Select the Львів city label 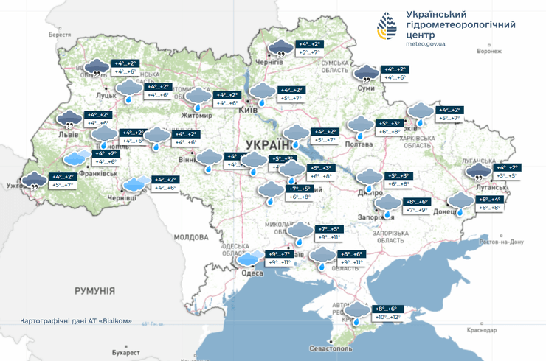tap(61, 134)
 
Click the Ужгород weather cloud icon tap(34, 179)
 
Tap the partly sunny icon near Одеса tap(249, 257)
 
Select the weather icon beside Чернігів tap(280, 49)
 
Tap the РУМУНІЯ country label tap(94, 292)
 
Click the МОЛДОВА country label tap(192, 237)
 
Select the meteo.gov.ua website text tap(426, 43)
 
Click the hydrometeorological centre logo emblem tap(387, 28)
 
